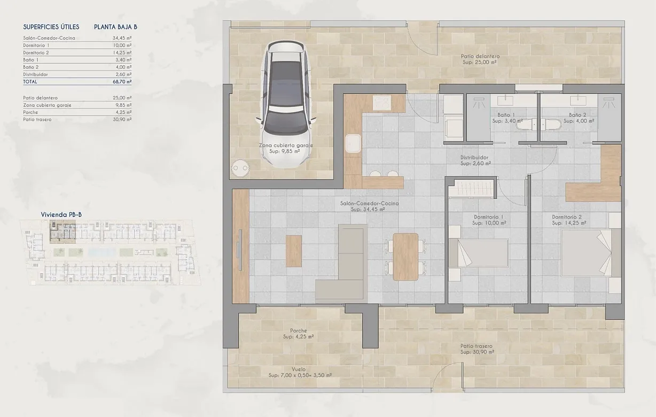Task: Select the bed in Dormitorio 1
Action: click(478, 253)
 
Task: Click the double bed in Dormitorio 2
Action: click(591, 253)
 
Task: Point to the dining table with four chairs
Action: click(405, 257)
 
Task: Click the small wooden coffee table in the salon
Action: click(293, 251)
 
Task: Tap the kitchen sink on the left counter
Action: click(353, 144)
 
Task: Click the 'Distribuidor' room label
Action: click(474, 158)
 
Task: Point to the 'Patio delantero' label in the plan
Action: click(480, 56)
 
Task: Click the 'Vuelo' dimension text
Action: click(300, 369)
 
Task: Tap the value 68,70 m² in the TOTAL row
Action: click(122, 82)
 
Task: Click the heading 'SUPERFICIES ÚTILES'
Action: click(51, 26)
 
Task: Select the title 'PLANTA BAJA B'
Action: click(115, 26)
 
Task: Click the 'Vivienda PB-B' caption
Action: click(61, 214)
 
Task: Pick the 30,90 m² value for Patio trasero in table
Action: click(122, 119)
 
